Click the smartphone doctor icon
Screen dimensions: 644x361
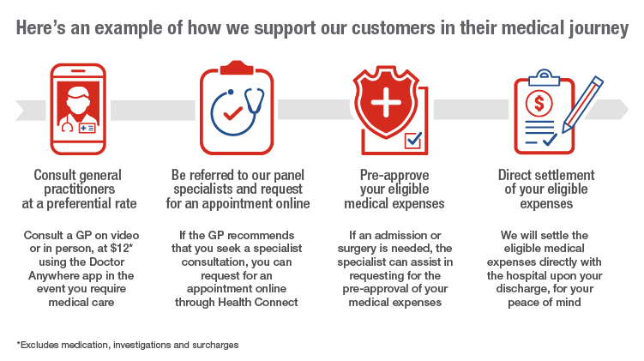pos(78,109)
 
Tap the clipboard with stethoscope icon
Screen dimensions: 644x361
pos(237,107)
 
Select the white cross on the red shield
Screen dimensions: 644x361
pos(386,102)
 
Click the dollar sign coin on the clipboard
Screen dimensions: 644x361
pos(539,104)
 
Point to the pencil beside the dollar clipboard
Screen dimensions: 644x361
pos(582,105)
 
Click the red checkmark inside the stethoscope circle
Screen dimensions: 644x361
pos(232,113)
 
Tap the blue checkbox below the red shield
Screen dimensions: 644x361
pos(413,140)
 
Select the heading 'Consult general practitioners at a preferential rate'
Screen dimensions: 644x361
pos(79,189)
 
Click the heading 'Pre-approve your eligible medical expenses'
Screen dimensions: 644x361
pos(394,189)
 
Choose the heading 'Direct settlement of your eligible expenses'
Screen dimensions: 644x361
pos(546,189)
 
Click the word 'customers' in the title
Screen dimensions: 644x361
pos(394,28)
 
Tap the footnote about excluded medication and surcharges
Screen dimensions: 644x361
pos(127,345)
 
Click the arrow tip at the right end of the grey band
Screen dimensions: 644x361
pos(629,110)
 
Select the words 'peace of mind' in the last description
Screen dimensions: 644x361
pos(545,303)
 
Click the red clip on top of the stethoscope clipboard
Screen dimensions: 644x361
pos(237,68)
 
